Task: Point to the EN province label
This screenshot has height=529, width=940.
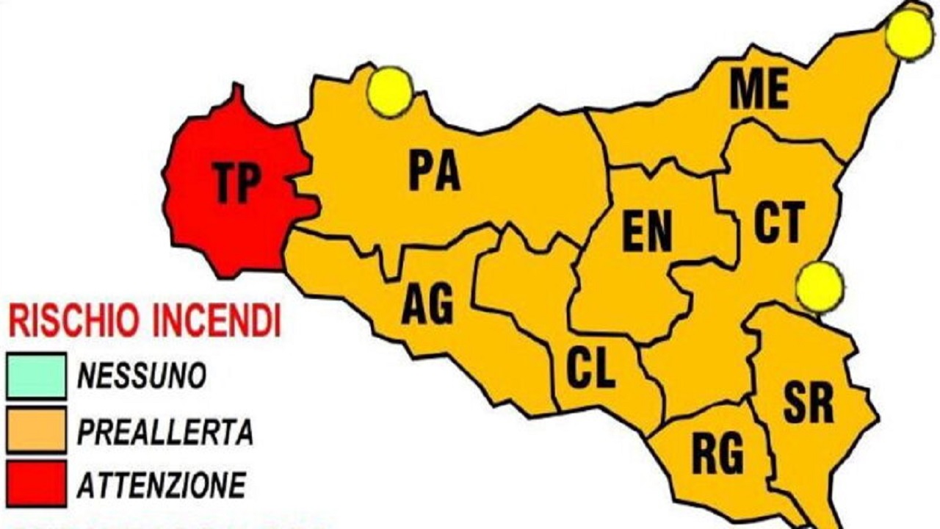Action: coord(647,232)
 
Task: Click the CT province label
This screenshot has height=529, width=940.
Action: coord(779,222)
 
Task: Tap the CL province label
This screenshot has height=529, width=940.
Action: coord(591,369)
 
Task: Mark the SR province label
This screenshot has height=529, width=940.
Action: coord(809,403)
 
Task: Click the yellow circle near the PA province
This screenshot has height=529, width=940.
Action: coord(390,92)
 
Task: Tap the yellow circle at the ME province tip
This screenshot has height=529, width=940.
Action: coord(910,35)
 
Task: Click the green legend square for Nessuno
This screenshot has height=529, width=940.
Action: coord(36,376)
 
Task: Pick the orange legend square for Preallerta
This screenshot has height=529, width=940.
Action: coord(36,431)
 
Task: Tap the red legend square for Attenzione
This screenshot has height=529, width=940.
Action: coord(36,484)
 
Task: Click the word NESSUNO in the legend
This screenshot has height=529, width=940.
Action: coord(141,377)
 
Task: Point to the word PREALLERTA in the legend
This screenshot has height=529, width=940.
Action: coord(164,432)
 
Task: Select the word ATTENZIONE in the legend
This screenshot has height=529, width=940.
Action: coord(162,485)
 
